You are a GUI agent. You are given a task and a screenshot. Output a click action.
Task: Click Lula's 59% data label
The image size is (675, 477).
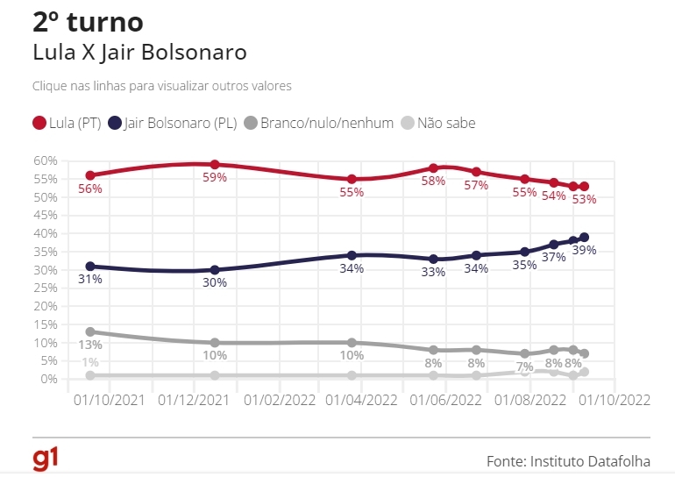[215, 177]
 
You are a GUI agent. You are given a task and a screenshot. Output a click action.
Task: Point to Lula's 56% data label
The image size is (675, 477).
[90, 188]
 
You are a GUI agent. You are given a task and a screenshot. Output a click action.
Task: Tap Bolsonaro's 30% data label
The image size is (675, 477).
[215, 282]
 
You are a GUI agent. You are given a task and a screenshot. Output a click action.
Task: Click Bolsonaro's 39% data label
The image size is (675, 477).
[584, 250]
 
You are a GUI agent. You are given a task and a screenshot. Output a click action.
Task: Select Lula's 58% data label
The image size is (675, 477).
[433, 181]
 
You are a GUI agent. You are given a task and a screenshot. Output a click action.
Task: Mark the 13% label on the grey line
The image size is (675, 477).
[90, 345]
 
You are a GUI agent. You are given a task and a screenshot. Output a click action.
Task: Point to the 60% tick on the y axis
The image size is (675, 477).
[46, 160]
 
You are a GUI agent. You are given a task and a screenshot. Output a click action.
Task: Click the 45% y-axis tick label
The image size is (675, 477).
[46, 216]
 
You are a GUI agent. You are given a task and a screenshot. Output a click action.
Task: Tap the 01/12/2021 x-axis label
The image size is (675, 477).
[195, 400]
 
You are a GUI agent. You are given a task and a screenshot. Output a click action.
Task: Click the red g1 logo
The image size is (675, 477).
[46, 459]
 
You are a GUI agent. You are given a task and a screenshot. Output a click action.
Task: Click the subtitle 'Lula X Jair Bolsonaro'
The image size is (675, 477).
[139, 52]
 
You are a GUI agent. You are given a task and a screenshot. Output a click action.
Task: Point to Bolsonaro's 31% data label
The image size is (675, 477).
[90, 279]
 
